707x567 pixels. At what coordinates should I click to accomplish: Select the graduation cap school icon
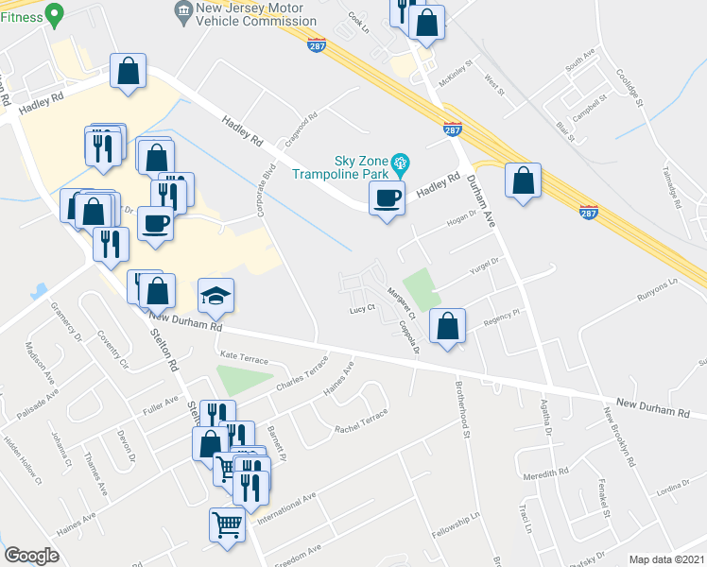pos(216,297)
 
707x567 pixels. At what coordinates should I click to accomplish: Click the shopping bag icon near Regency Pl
pos(448,326)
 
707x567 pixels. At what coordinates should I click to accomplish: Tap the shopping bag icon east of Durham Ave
pos(523,180)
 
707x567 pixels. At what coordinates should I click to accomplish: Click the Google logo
pos(31,556)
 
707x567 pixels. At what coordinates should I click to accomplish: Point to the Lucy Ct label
pos(363,309)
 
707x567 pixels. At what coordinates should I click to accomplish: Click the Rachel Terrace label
pos(361,421)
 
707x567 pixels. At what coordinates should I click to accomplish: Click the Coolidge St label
pos(629,88)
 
